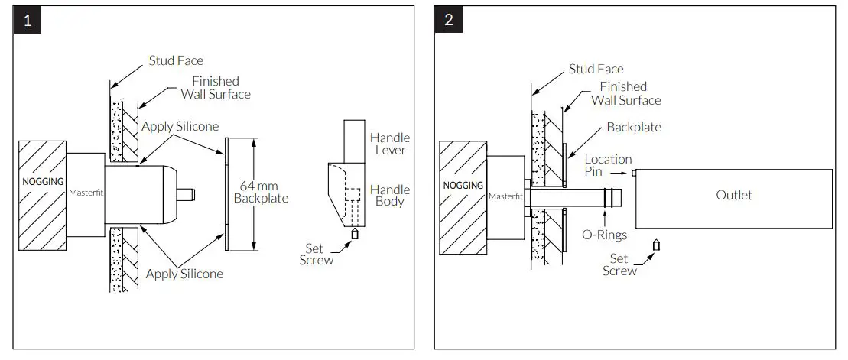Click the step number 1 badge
click(x=27, y=20)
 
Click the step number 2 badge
click(x=448, y=20)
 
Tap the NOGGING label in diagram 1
click(x=41, y=183)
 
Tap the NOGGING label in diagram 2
click(x=463, y=185)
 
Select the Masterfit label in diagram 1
click(x=86, y=193)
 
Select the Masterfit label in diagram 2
click(x=505, y=196)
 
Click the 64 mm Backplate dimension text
click(x=261, y=192)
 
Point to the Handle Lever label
click(x=389, y=144)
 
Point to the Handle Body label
click(x=389, y=196)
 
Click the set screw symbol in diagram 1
click(x=355, y=234)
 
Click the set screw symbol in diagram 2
click(x=656, y=245)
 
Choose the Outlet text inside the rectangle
click(x=733, y=195)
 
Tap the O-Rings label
click(x=605, y=235)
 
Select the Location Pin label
click(x=608, y=166)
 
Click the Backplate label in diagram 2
click(x=633, y=127)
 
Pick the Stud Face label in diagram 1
click(x=176, y=60)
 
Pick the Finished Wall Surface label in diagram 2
click(x=625, y=93)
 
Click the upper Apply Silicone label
click(x=180, y=126)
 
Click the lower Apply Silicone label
click(x=184, y=274)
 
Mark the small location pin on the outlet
click(x=634, y=174)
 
